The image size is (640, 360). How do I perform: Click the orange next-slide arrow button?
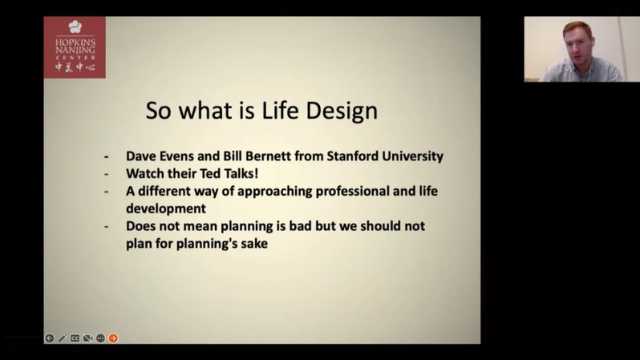tap(113, 338)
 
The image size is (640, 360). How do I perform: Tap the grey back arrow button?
tap(50, 338)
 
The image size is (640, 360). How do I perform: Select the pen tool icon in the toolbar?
tap(62, 338)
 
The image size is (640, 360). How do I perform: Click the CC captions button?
tap(75, 338)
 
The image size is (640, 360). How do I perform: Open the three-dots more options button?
tap(100, 338)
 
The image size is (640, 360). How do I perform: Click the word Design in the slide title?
tap(342, 111)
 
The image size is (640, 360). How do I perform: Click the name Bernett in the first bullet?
tap(263, 156)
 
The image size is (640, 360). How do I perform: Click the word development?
tap(166, 209)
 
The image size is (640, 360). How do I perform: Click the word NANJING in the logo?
tap(75, 51)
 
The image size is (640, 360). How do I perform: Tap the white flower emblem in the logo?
tap(75, 27)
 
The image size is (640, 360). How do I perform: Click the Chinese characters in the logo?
tap(75, 67)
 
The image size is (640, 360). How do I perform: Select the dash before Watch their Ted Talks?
tap(107, 174)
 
